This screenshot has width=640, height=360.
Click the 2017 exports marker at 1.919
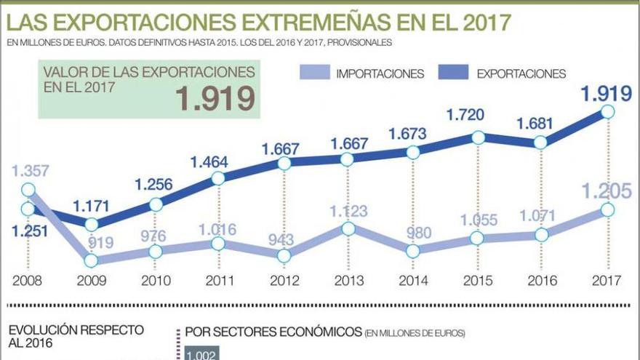tap(607, 111)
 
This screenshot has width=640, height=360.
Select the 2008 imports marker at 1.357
tap(28, 191)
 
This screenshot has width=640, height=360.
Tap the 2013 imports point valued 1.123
tap(348, 228)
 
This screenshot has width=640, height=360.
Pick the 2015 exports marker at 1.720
tap(478, 137)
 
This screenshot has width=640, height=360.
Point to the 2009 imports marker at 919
tap(92, 260)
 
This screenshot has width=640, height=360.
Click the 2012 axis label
tap(284, 280)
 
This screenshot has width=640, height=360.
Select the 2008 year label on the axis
tap(28, 280)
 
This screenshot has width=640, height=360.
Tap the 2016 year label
tap(541, 280)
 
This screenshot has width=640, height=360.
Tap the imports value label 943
tap(284, 239)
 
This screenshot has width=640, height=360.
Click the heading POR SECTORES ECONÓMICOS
tap(273, 332)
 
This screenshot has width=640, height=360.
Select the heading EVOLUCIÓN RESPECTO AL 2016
tap(76, 337)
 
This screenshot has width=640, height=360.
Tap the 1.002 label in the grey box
tap(199, 354)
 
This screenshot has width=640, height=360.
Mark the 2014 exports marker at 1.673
tap(413, 152)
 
